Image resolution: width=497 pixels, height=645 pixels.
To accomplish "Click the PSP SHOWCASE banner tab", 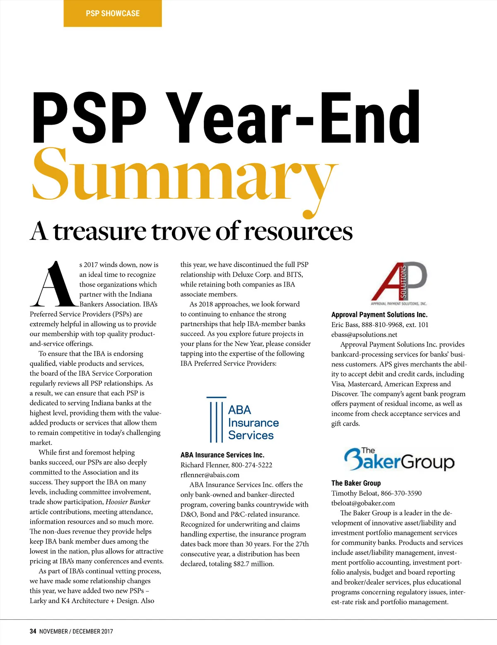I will (x=113, y=13).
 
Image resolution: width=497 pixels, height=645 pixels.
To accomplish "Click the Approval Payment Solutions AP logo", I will (x=399, y=283).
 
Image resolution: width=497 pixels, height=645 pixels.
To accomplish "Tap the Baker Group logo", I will (x=399, y=459).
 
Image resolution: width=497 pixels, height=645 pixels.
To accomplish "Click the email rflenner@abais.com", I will (x=210, y=475).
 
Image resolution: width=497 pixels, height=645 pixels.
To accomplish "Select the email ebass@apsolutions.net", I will (x=364, y=335).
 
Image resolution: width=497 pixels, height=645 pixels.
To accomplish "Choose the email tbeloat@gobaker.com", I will (x=363, y=503).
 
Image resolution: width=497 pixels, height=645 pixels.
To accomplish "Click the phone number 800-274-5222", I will (x=252, y=465).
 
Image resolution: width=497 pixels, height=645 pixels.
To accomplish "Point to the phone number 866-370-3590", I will (x=401, y=493).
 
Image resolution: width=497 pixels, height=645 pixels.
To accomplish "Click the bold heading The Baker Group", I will (x=356, y=483).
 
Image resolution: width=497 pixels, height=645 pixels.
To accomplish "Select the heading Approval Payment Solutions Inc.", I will (x=379, y=315).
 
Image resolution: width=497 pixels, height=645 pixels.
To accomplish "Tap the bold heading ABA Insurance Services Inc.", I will (x=222, y=455).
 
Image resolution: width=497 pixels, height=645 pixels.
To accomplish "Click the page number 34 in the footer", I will (x=33, y=631).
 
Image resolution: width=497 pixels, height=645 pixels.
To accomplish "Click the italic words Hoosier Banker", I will (x=128, y=502).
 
